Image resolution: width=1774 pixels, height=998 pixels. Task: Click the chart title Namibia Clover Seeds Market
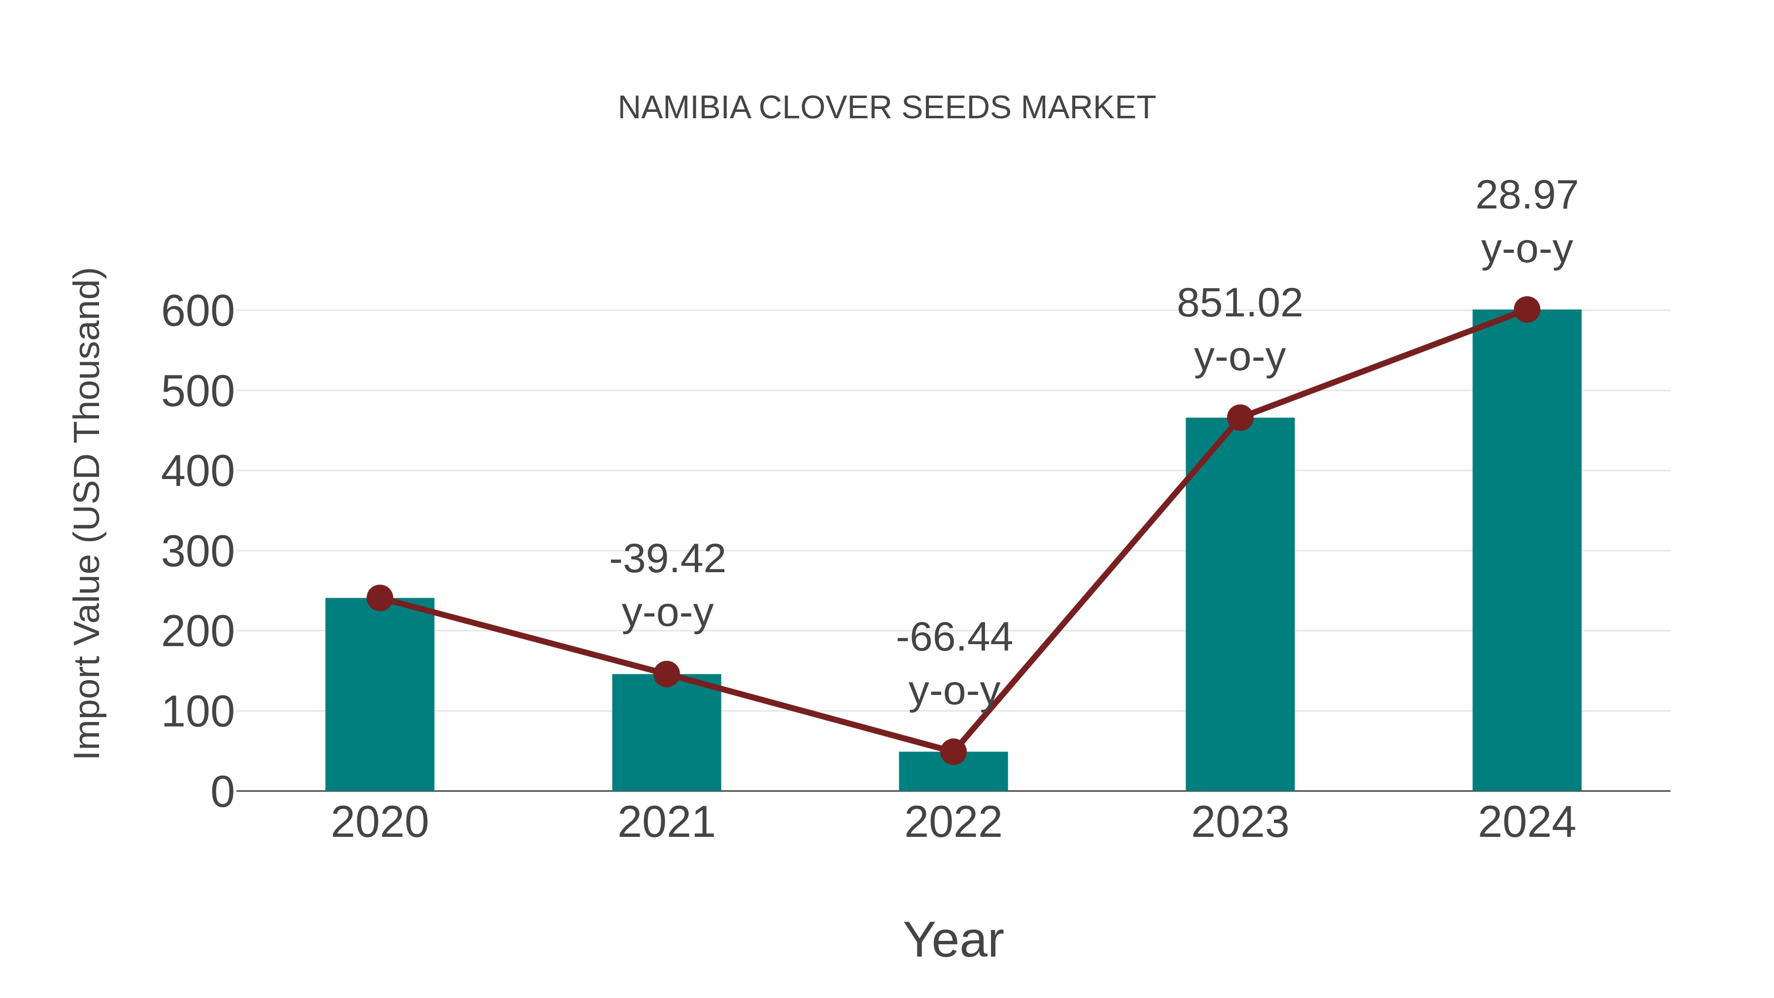pos(887,108)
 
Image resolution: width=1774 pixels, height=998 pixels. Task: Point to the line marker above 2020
pos(379,598)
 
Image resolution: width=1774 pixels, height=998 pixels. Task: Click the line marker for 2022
pos(953,752)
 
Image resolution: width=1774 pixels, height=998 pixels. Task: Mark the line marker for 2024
pos(1527,310)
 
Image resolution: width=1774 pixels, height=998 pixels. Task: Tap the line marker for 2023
pos(1240,417)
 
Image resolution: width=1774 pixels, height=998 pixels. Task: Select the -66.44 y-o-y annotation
pos(954,663)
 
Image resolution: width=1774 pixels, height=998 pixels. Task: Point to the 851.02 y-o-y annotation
pos(1240,330)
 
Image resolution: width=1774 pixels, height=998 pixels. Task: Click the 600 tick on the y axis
pos(198,311)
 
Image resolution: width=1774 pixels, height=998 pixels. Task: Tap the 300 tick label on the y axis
pos(198,551)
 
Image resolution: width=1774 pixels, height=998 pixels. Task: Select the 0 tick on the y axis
pos(222,792)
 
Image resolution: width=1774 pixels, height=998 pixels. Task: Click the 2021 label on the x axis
pos(666,823)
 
